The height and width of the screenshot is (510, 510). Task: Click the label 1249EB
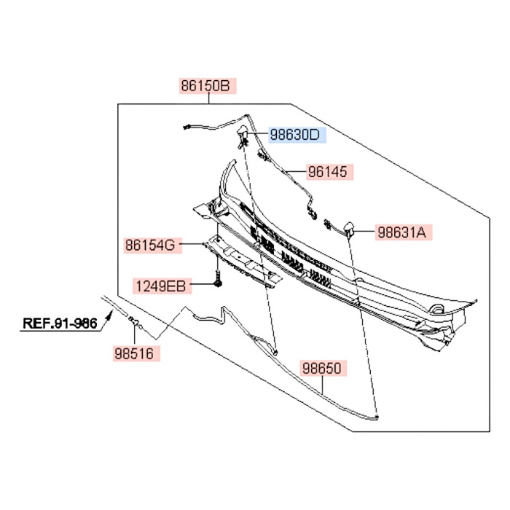pos(162,286)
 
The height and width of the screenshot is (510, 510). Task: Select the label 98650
pos(323,369)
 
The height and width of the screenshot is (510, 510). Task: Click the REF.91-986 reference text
pos(60,323)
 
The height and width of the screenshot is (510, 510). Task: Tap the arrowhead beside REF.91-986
pos(110,315)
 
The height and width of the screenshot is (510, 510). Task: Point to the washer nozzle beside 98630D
pos(243,135)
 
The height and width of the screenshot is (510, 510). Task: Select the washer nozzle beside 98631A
pos(349,227)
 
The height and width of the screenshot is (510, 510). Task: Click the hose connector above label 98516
pos(134,321)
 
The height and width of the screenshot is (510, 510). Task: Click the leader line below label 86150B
pos(209,99)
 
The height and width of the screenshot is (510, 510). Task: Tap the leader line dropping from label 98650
pos(322,385)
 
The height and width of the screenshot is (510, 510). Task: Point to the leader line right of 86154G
pos(192,243)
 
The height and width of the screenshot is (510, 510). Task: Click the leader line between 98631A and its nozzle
pos(365,232)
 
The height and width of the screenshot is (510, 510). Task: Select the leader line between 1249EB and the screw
pos(203,284)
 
